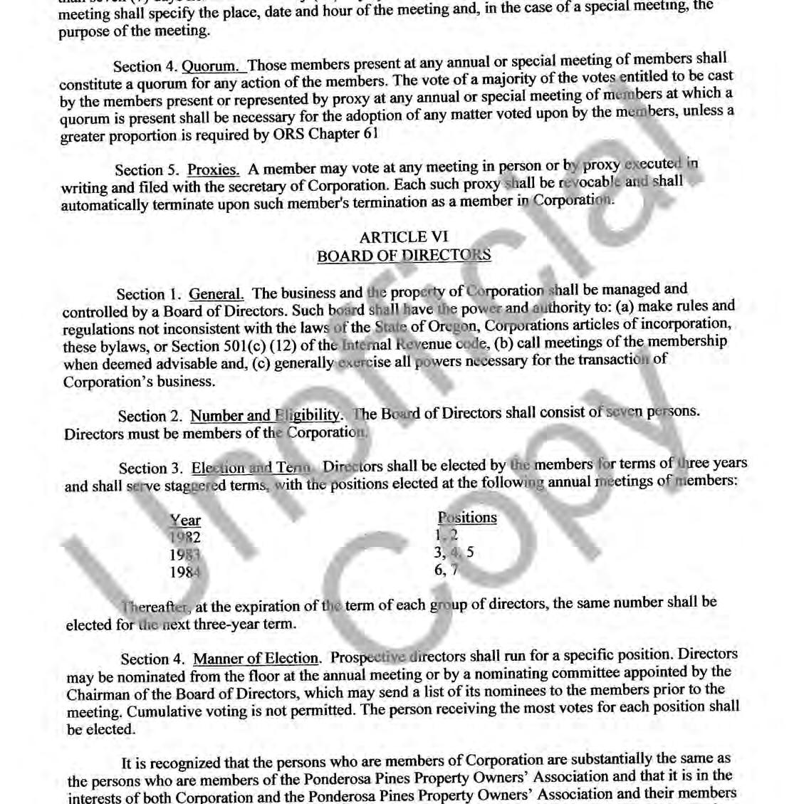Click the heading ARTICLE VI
coord(404,238)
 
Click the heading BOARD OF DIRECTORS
coord(404,256)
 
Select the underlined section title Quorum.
coord(214,66)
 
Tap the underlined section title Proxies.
coord(213,169)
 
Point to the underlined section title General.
coord(216,293)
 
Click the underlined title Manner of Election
coord(256,658)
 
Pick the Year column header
coord(185,521)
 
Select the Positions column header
coord(467,518)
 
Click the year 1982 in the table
coord(185,538)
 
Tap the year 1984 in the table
coord(185,572)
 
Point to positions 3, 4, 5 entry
coord(454,552)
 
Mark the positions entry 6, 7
coord(447,569)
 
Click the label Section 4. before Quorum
coord(145,67)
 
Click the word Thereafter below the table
coord(155,607)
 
